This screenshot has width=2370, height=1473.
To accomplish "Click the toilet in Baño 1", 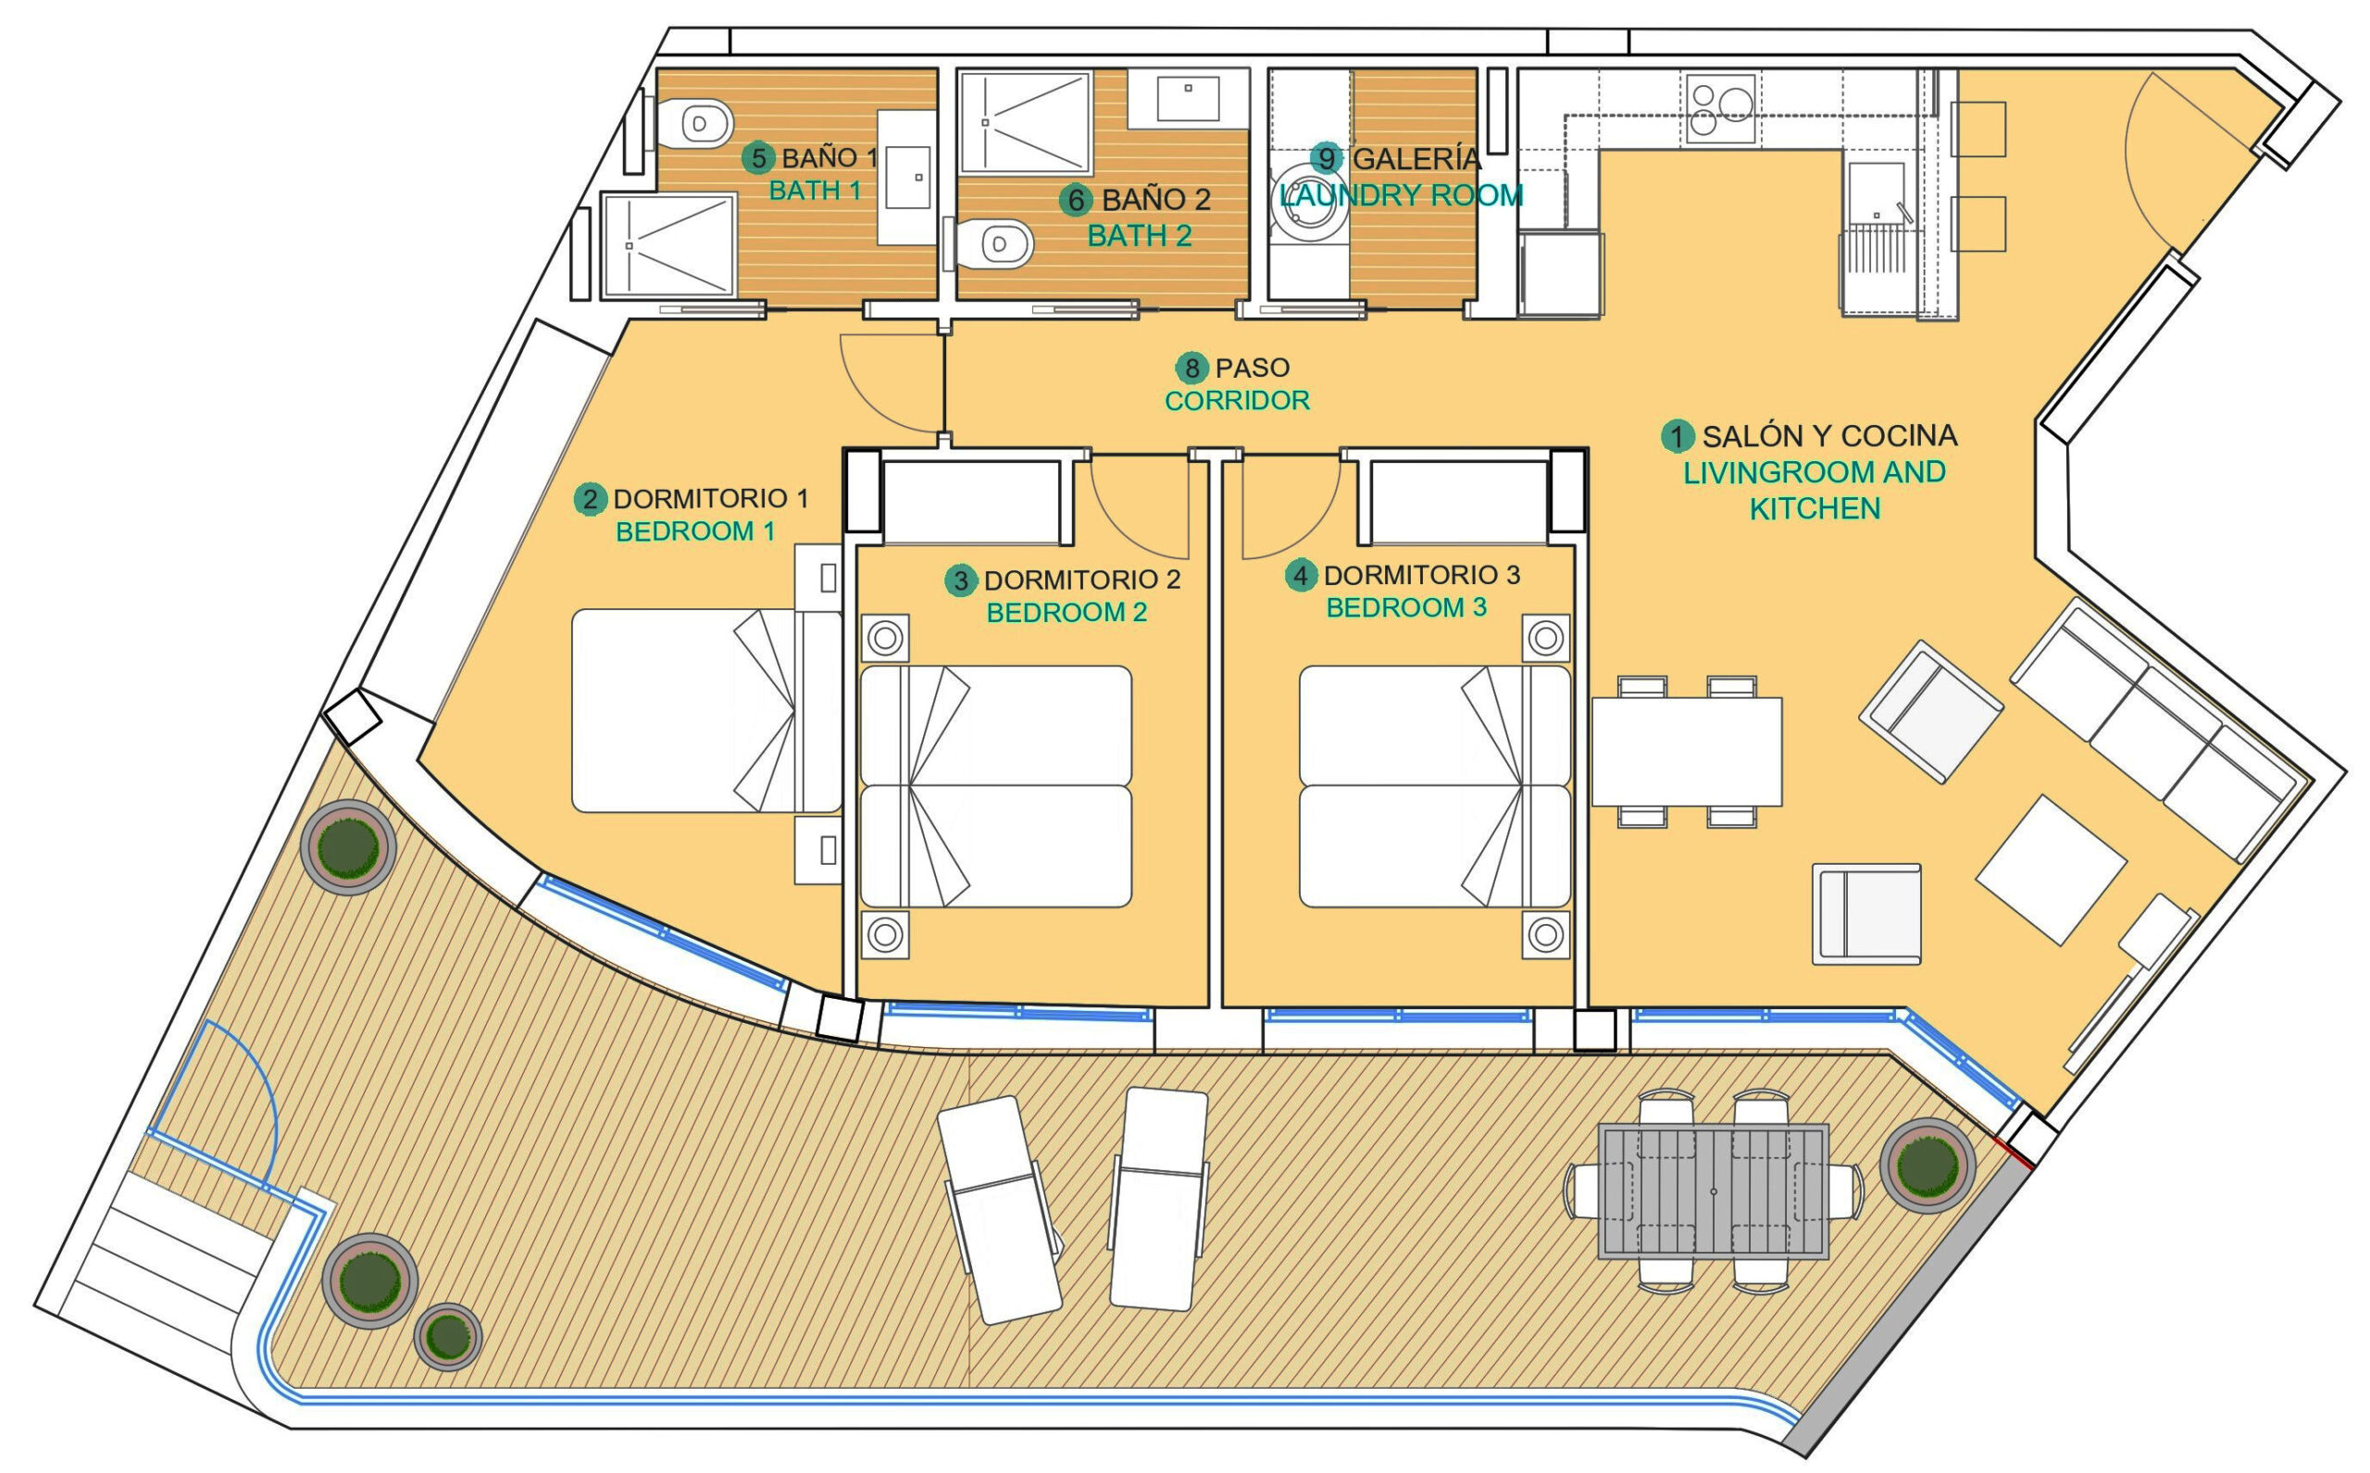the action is pos(695,124).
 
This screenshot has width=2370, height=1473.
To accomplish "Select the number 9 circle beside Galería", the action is pos(1326,157).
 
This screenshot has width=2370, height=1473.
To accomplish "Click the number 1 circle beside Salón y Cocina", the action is pos(1678,435).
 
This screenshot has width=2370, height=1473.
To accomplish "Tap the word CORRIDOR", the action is pos(1237,400).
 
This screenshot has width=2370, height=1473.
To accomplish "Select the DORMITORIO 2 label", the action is pos(1081,580).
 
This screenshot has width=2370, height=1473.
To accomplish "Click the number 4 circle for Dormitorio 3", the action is pos(1301,576).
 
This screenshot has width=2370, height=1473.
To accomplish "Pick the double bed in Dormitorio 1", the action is pos(706,710).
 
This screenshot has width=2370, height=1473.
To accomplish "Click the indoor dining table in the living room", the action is pos(1687,752).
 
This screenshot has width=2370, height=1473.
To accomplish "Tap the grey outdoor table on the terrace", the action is pos(1714,1191).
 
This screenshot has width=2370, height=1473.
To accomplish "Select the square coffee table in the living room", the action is pos(2051,870).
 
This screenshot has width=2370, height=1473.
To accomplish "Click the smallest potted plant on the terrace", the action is pos(448,1336).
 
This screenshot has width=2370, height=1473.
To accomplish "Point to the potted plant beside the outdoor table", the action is pos(1927,1165).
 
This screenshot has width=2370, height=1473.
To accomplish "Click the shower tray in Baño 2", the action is pos(1025,122).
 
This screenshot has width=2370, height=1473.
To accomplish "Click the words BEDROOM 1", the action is pos(695,532).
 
